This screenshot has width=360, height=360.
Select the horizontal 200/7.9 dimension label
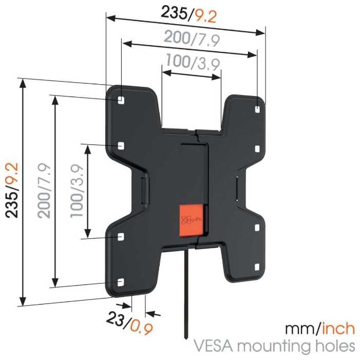[x=192, y=39]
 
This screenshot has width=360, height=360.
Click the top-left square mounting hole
[x=121, y=100]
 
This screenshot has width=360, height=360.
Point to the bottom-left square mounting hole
[x=121, y=282]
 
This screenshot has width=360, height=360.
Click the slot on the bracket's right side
[x=237, y=188]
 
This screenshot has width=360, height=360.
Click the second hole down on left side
[x=121, y=146]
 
